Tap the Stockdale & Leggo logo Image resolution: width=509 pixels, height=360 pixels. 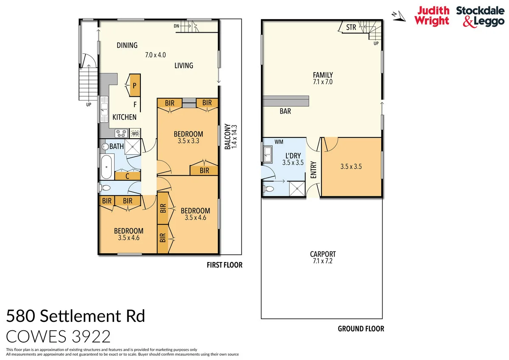[480, 16]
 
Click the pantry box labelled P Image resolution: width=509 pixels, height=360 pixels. [135, 86]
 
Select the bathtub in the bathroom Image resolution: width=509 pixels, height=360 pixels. [106, 167]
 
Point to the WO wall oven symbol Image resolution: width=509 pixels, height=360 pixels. [135, 133]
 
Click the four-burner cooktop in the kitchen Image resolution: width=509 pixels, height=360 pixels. [120, 133]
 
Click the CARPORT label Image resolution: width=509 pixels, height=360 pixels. [323, 254]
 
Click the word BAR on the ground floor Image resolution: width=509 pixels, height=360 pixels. [285, 112]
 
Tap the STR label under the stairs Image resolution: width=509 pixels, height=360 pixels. [351, 28]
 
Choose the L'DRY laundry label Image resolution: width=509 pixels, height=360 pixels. [293, 156]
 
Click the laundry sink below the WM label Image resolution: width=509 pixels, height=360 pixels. [268, 153]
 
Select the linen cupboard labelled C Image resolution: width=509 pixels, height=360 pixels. [128, 176]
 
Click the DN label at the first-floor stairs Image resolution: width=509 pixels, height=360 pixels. [176, 26]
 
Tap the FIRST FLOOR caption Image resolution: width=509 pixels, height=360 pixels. [224, 265]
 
